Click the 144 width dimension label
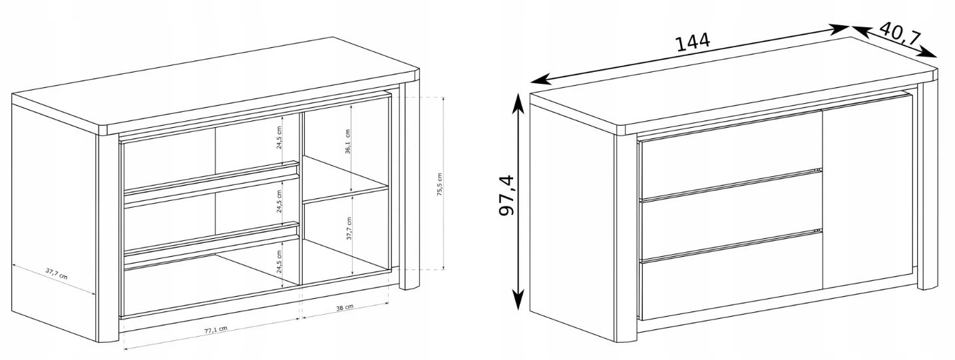click(x=693, y=42)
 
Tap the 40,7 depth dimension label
click(x=900, y=34)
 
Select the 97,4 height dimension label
click(x=506, y=196)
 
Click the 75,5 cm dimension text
click(x=439, y=185)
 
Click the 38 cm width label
click(x=345, y=307)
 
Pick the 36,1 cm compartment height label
click(x=347, y=142)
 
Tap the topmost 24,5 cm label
click(x=279, y=137)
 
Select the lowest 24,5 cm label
click(x=279, y=262)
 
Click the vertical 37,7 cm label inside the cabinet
click(x=349, y=228)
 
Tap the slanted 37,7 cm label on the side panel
click(x=57, y=273)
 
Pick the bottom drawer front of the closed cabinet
click(x=731, y=276)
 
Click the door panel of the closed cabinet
click(x=868, y=192)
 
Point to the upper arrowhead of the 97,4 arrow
click(x=518, y=102)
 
